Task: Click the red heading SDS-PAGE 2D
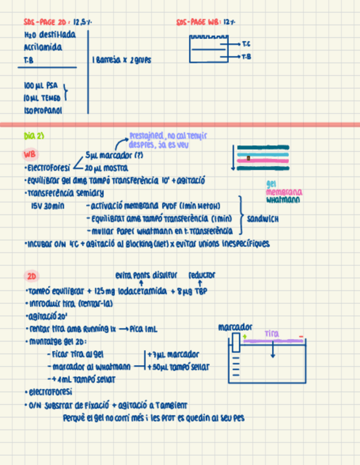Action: (45, 22)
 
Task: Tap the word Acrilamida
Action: (43, 47)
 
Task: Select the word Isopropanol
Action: (43, 110)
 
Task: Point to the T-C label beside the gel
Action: (245, 43)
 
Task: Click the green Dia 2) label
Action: (34, 135)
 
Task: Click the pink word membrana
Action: (284, 192)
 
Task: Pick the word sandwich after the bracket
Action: (263, 219)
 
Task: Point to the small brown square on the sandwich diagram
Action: (249, 158)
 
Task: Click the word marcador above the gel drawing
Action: (235, 327)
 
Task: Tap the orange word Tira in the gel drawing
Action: (272, 333)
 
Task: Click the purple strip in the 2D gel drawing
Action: (273, 341)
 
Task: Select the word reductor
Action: (202, 275)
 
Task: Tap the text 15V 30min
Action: (48, 206)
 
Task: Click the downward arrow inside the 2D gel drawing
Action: (273, 351)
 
